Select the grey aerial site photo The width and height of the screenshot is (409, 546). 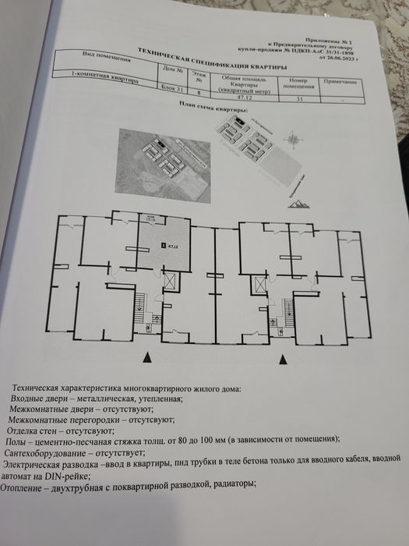point(164,165)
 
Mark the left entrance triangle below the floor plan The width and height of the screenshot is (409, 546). point(147,356)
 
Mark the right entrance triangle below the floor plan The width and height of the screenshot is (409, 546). point(282,358)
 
